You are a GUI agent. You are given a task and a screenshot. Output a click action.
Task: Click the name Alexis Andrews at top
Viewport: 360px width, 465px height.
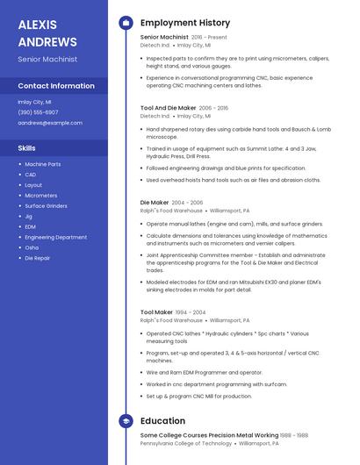coord(47,32)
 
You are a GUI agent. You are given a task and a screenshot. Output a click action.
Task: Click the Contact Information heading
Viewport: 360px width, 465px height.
coord(56,86)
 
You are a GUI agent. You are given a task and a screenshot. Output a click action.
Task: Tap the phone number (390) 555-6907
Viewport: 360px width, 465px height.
coord(38,112)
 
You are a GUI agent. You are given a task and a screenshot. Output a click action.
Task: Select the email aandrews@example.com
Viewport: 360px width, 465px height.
coord(50,123)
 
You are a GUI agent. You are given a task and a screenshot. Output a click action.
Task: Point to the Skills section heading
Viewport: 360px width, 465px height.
coord(26,148)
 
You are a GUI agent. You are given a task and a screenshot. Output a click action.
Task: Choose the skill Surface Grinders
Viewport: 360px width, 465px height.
coord(46,205)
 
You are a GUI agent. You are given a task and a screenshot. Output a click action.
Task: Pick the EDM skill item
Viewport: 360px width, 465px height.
coord(31,226)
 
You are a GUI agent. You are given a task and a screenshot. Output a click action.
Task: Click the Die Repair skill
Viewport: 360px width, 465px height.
coord(37,258)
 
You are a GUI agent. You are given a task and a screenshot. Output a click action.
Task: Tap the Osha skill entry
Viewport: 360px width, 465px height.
coord(32,247)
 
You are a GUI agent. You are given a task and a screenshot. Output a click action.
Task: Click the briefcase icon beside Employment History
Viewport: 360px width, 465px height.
coord(126,23)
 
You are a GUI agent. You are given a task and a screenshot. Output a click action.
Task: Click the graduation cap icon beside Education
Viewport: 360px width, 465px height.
coord(126,421)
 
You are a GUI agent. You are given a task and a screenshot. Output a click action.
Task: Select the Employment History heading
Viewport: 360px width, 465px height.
coord(184,23)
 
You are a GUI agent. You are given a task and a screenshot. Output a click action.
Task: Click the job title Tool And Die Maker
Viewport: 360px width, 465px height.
coord(169,108)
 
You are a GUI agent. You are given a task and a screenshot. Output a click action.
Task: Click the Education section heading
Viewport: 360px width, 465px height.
coord(162,421)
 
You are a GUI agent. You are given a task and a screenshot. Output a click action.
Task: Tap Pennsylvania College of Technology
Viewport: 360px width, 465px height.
coord(185,443)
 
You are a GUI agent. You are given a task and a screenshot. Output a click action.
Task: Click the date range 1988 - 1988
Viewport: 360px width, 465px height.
coord(289,435)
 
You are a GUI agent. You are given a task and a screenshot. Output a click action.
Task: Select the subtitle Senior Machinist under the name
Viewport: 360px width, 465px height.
coord(47,60)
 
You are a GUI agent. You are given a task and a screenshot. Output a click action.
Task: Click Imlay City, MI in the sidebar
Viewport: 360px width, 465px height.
coord(35,102)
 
